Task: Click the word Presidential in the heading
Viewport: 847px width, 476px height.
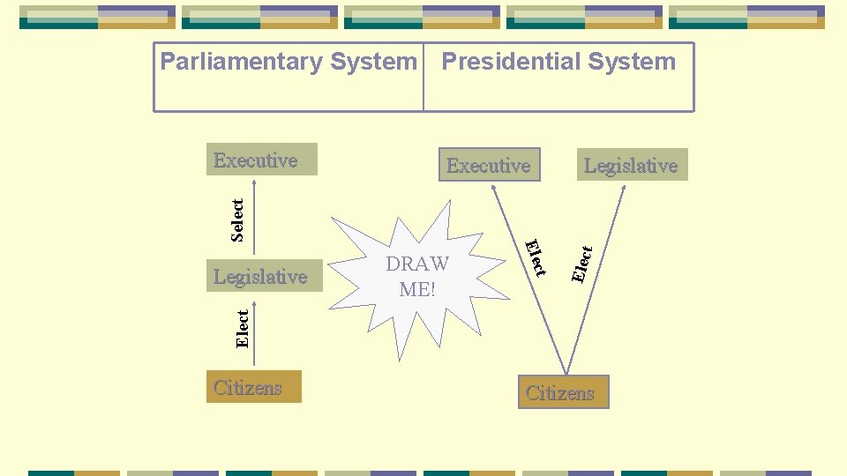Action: [498, 62]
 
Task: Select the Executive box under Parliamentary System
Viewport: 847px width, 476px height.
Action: [261, 160]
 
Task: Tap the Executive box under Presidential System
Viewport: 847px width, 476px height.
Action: [489, 165]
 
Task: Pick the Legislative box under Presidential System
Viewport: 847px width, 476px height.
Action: [631, 165]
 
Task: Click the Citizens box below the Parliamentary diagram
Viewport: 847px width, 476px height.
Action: [256, 387]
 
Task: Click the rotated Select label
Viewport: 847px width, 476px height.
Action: [236, 219]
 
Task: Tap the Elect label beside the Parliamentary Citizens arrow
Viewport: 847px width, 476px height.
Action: [243, 327]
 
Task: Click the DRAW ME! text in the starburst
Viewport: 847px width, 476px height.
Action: [417, 276]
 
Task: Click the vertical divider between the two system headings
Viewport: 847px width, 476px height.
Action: [423, 78]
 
